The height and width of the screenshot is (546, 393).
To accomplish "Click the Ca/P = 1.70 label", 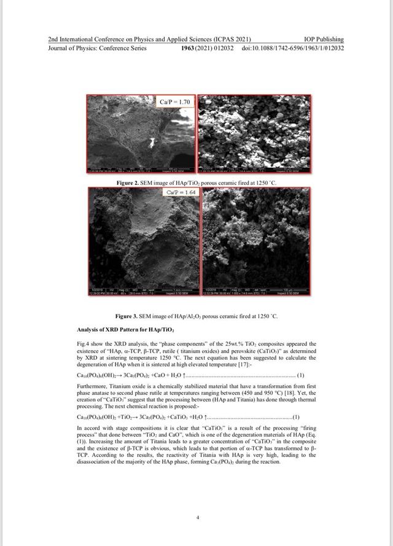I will [175, 101].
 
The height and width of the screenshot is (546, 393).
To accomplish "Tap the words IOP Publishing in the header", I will [324, 39].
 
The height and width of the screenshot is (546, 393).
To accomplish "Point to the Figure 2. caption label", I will [129, 183].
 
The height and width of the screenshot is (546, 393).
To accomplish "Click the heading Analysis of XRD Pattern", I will [117, 329].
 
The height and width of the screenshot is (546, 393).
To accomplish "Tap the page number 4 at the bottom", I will [197, 518].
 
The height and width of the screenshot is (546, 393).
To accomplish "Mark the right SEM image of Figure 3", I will [259, 243].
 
